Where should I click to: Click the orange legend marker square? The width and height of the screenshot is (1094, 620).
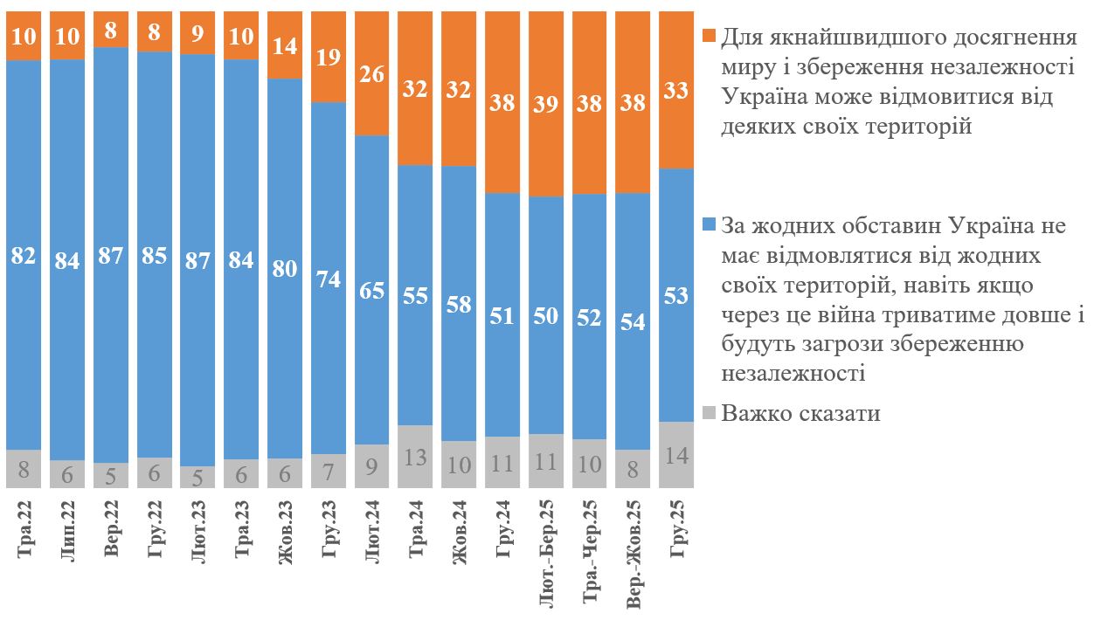(x=710, y=38)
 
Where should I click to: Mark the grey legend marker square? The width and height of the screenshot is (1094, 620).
(x=710, y=413)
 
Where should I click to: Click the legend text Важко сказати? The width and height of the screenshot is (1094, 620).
(x=800, y=413)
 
